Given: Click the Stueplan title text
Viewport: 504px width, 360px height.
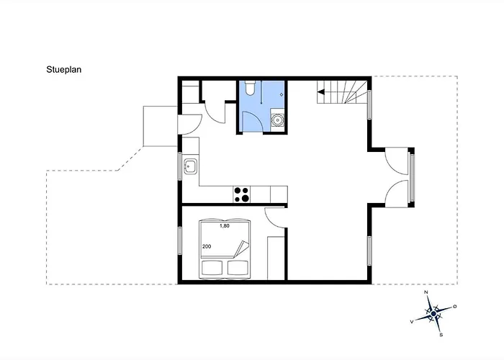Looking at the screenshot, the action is (x=63, y=70).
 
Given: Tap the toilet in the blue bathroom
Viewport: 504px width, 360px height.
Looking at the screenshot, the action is (x=250, y=88).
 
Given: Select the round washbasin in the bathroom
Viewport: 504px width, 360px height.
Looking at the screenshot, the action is (x=277, y=120).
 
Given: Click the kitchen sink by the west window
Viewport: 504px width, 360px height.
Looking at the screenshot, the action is (x=190, y=167).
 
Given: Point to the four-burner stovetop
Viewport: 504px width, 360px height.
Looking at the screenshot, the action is (x=242, y=194).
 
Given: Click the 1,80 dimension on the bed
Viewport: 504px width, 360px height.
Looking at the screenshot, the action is (x=225, y=226).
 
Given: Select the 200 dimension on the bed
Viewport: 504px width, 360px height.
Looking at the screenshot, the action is (x=207, y=246).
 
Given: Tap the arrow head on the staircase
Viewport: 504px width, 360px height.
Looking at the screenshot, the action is (x=321, y=92).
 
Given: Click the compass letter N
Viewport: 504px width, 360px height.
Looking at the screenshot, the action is (x=426, y=292).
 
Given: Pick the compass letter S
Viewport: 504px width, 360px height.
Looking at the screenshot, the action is (x=441, y=335).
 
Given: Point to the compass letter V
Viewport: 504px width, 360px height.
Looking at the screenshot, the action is (x=412, y=321).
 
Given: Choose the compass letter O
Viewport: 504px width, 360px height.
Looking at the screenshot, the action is (x=455, y=307).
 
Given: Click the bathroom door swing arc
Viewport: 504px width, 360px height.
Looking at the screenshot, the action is (x=256, y=117).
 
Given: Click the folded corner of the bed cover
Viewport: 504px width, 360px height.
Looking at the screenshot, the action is (x=242, y=248).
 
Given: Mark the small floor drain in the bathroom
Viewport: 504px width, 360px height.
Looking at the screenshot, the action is (x=282, y=94).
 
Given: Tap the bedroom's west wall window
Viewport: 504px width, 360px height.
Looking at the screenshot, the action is (x=180, y=240).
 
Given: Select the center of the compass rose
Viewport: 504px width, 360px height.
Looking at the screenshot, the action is (x=433, y=313).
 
